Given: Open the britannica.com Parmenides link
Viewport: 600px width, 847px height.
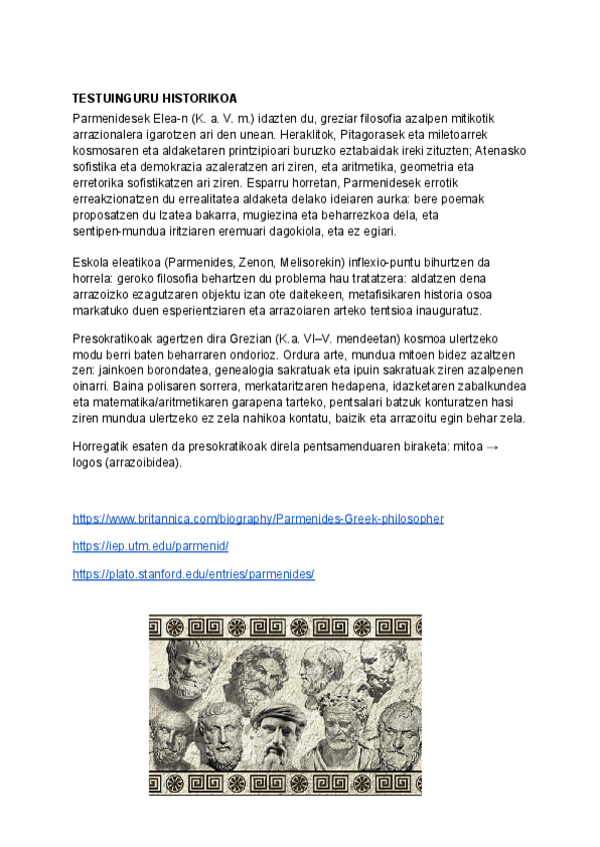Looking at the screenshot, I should click(x=258, y=518).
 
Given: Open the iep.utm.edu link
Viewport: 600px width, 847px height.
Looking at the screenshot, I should click(x=151, y=546).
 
